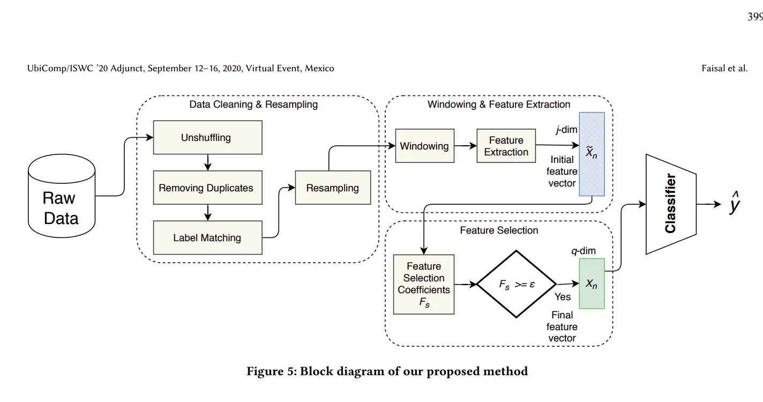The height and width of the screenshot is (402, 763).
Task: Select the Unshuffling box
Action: coord(207,137)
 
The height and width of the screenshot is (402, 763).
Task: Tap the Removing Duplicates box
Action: coord(207,188)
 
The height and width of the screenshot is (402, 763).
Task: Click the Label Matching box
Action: coord(207,237)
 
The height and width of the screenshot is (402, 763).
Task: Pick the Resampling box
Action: coord(333,188)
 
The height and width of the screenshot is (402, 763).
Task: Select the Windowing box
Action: coord(424,146)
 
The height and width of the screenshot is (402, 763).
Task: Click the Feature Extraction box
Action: coord(506,146)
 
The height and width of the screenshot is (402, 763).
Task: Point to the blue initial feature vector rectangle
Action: coord(592,154)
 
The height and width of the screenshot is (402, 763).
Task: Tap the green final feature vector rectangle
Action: coord(592,284)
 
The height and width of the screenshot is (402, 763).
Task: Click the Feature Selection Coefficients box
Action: coord(424,284)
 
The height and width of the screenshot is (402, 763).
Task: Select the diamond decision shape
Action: coord(517,284)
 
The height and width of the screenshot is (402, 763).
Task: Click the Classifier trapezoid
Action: coord(670,204)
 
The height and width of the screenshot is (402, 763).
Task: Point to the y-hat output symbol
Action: coord(734,205)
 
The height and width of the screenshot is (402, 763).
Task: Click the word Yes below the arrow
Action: coord(563,296)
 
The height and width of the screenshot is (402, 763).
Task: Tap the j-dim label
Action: coord(566,130)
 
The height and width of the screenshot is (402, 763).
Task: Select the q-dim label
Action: coord(583,250)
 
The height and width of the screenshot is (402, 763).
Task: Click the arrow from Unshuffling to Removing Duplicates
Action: coord(208,162)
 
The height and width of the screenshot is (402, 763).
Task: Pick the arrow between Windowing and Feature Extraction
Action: coord(465,146)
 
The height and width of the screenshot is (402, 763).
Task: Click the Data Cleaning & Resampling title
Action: coord(253,105)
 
